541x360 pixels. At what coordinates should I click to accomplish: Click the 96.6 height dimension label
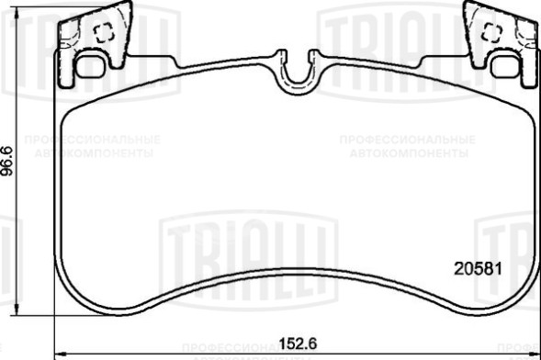(8, 161)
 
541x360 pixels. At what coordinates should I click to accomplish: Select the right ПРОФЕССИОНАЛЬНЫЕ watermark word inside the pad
(407, 140)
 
